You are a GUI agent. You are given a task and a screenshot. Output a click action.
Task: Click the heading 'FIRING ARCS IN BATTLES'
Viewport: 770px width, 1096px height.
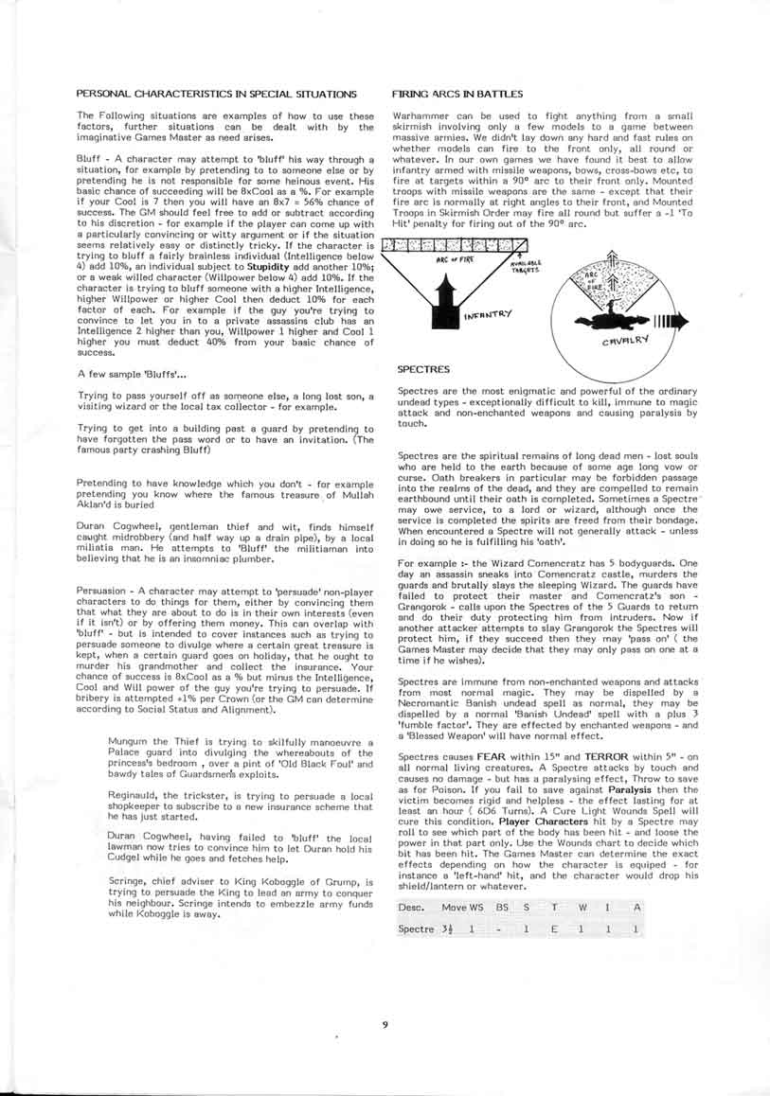(457, 94)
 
